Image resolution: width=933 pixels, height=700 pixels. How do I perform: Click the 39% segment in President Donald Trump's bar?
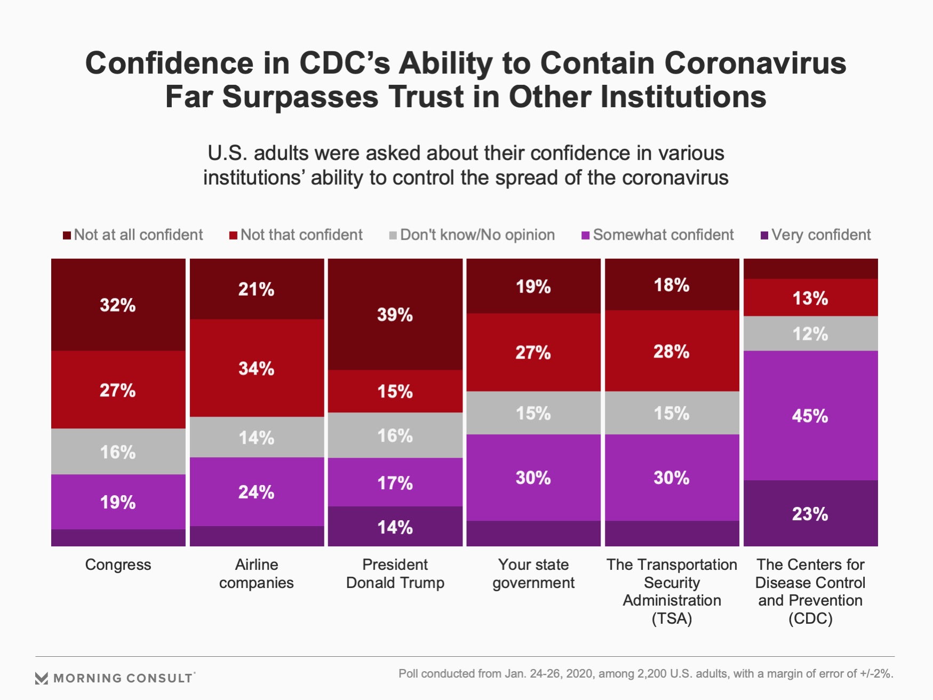coord(395,315)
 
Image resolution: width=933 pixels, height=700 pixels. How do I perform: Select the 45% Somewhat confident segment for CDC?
coord(810,416)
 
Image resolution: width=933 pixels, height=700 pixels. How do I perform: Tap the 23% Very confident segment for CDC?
coord(810,513)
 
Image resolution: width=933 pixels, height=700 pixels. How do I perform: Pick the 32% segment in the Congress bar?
coord(118,305)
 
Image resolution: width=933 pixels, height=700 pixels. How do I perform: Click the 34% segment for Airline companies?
coord(257,368)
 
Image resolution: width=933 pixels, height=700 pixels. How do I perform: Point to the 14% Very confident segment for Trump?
coord(395,527)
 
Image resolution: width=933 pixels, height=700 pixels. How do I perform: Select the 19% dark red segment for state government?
coord(533,287)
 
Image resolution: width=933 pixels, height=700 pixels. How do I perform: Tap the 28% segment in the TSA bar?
coord(672,351)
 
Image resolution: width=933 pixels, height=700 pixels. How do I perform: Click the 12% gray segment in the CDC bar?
coord(810,334)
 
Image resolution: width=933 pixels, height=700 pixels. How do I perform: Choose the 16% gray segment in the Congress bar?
coord(118,452)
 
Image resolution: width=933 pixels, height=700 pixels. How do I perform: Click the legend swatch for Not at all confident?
coord(67,235)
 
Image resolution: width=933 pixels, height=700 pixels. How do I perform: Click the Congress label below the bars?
coord(118,564)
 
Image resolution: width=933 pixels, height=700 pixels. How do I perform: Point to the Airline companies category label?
coord(257,574)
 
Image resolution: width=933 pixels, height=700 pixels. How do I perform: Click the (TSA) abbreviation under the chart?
coord(672,618)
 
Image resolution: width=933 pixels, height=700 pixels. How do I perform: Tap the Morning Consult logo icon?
coord(41,678)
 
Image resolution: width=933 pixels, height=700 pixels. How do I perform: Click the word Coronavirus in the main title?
coord(755,63)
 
